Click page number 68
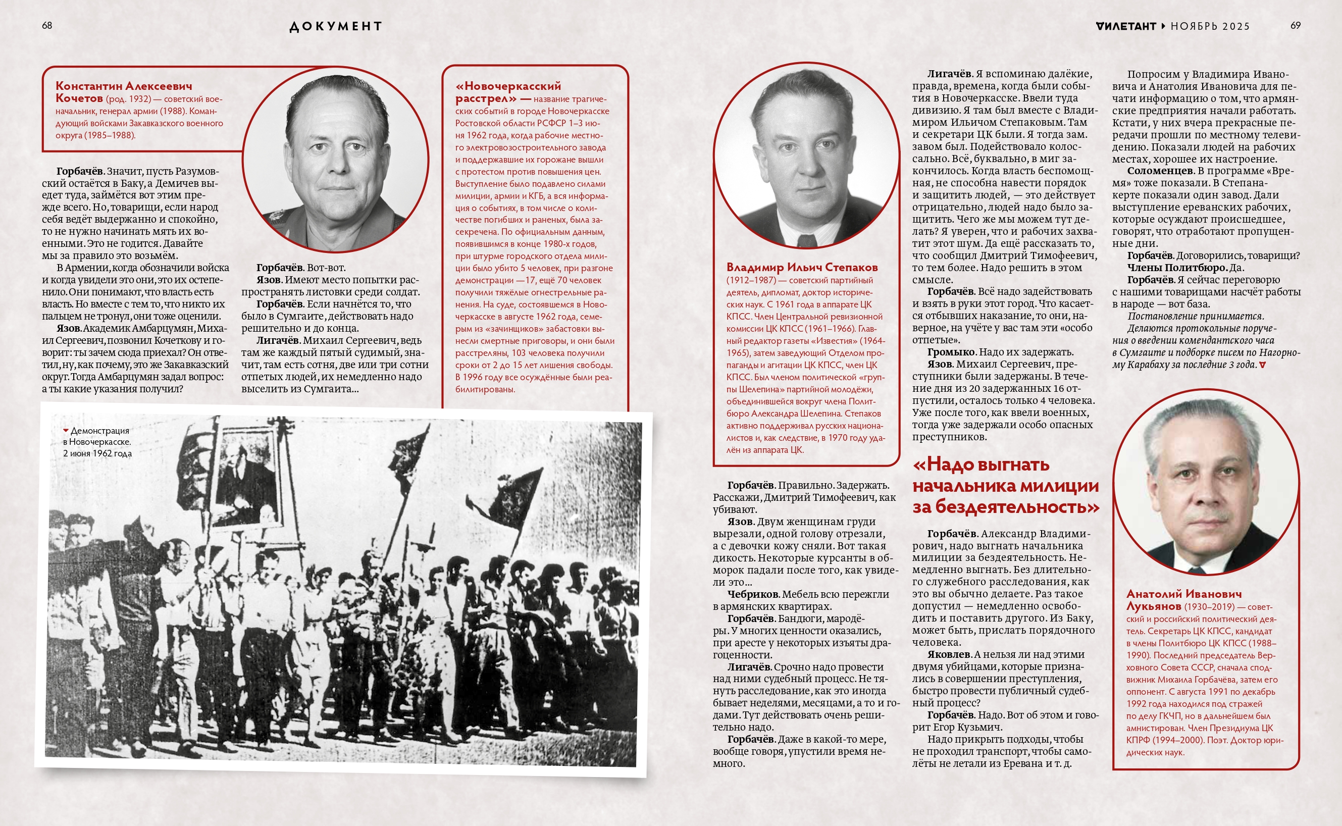47,26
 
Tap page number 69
1295,26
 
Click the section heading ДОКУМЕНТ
335,26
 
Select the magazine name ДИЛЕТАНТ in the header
1126,26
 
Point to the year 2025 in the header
1235,26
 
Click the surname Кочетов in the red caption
79,98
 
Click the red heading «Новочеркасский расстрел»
508,92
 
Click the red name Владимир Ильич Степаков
802,267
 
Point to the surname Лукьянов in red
1153,606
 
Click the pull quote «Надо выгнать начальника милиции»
1005,485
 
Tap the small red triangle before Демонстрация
66,431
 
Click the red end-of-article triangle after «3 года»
1262,365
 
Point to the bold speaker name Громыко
951,352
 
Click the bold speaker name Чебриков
753,594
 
